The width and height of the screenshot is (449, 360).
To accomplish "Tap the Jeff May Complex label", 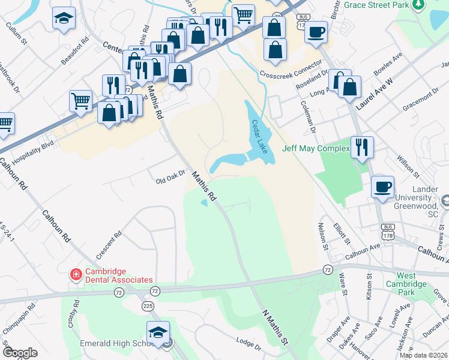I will pos(316,148).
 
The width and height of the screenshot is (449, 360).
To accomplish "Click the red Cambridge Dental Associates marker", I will pos(76,275).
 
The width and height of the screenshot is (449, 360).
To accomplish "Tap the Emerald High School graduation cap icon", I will pos(158,332).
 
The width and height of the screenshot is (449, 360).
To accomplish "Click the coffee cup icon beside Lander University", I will pos(382,187).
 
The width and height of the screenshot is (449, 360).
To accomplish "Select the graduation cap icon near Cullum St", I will pos(64,18).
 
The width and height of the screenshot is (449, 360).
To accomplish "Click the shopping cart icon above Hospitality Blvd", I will pos(80,101).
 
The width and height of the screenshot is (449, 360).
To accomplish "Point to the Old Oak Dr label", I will pos(169,178).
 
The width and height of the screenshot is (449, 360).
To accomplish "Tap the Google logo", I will pos(20,353).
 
